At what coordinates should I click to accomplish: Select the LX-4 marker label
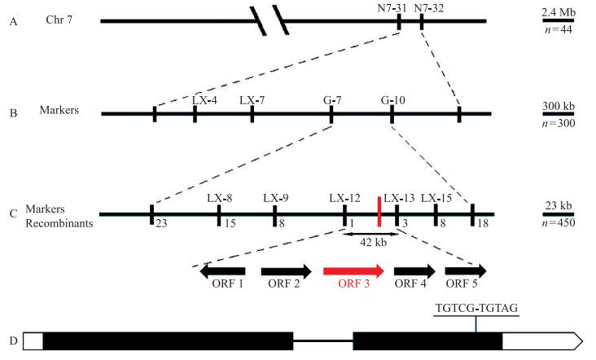tap(204, 99)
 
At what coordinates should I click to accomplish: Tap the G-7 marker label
tap(331, 99)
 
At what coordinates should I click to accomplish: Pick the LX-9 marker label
tap(277, 198)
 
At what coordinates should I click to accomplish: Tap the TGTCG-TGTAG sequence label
tap(476, 308)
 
